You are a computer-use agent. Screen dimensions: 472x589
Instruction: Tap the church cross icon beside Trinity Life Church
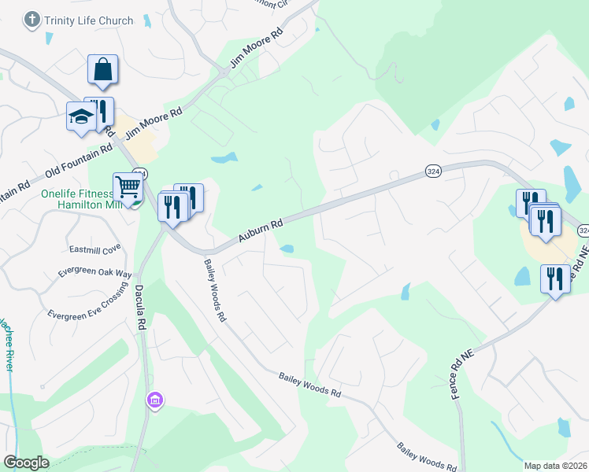click(x=32, y=20)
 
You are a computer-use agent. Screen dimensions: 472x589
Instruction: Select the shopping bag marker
click(x=103, y=69)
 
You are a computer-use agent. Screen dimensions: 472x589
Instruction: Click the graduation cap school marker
click(x=80, y=118)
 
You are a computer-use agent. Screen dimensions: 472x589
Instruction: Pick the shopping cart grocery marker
click(x=127, y=186)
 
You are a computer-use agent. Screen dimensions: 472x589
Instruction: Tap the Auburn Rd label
click(x=261, y=231)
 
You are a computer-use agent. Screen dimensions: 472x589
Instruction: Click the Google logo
click(x=27, y=463)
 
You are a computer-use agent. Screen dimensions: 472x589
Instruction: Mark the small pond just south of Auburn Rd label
click(x=287, y=249)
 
